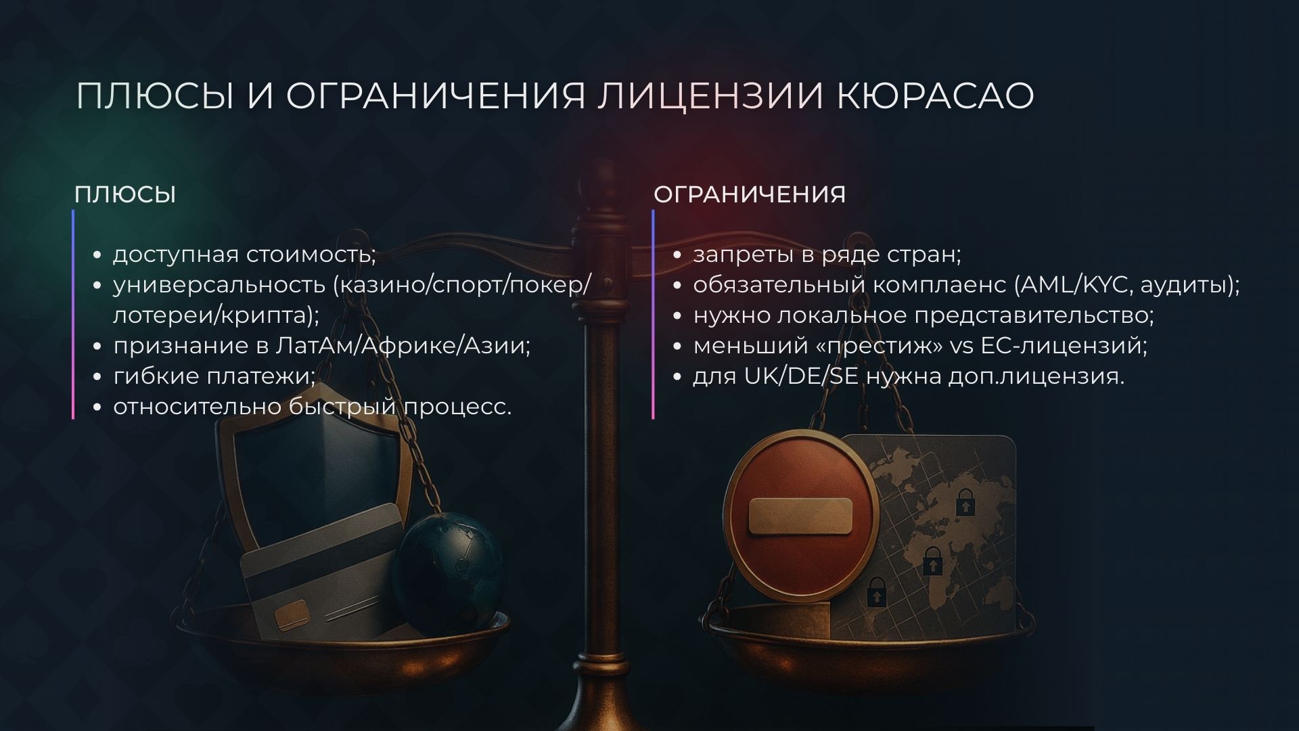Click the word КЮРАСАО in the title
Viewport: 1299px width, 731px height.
click(x=935, y=95)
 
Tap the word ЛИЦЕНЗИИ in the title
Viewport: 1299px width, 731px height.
click(x=710, y=95)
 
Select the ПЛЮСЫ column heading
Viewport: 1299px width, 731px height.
click(x=125, y=194)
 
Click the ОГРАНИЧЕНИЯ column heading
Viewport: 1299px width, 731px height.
click(x=750, y=194)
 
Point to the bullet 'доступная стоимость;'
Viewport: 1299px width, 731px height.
click(x=244, y=254)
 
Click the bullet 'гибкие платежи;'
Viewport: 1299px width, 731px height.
click(x=214, y=376)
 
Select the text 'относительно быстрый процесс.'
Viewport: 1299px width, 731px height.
click(x=312, y=406)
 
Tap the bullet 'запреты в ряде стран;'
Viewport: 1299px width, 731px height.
click(x=827, y=254)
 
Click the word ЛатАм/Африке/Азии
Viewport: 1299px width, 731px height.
click(x=403, y=345)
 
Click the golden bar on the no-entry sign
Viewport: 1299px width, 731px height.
click(x=800, y=516)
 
